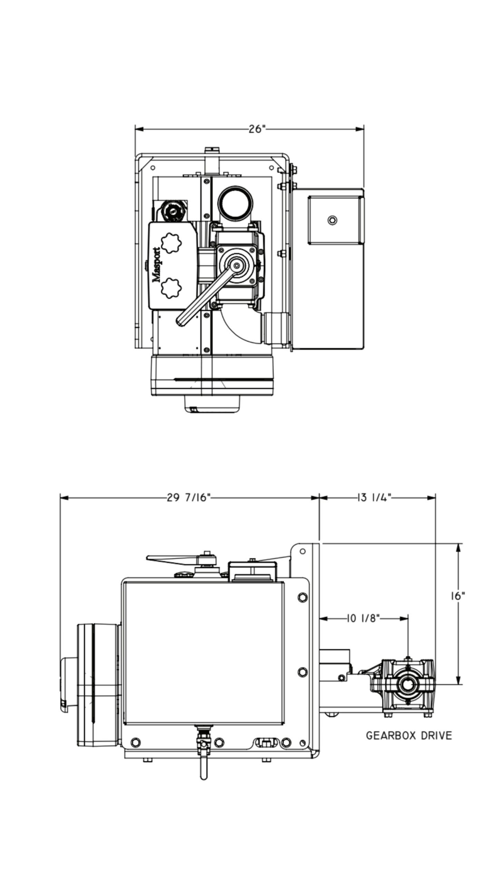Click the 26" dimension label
pyautogui.click(x=257, y=129)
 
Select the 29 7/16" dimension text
pyautogui.click(x=188, y=498)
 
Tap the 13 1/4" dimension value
pyautogui.click(x=373, y=498)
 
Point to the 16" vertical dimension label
pyautogui.click(x=458, y=596)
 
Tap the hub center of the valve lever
pyautogui.click(x=236, y=265)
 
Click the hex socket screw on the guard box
pyautogui.click(x=332, y=220)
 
